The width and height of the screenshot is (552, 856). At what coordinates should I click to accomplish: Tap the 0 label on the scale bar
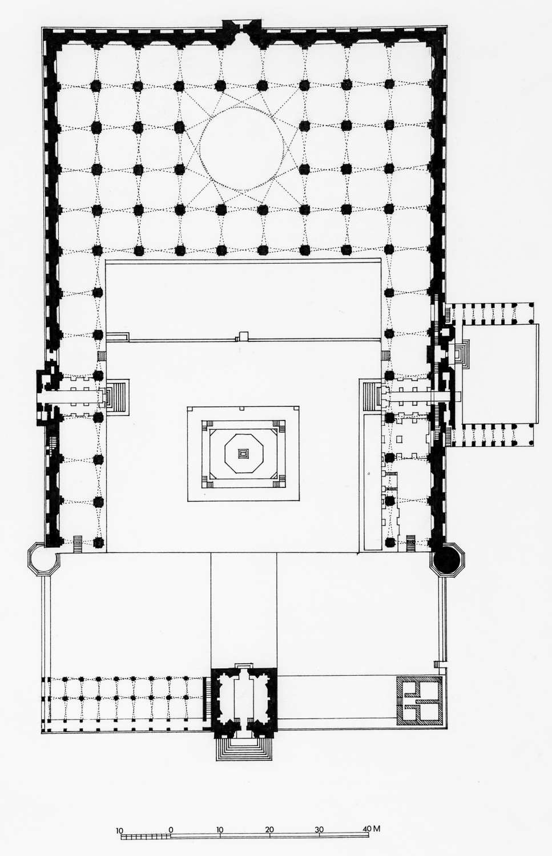(171, 828)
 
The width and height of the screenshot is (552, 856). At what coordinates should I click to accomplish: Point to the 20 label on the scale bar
(270, 828)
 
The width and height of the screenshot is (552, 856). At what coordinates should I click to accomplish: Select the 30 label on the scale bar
(320, 828)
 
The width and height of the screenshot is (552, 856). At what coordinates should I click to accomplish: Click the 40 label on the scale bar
(366, 828)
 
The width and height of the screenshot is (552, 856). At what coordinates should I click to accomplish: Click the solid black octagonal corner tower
(447, 561)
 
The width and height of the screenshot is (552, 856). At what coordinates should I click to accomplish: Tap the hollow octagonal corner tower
(41, 560)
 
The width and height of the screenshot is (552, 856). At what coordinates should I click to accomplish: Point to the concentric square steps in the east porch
(462, 353)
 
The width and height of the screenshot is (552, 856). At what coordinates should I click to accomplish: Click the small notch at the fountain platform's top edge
(243, 408)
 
